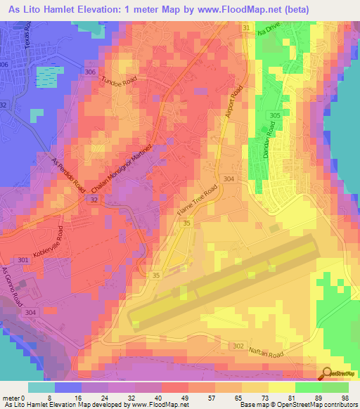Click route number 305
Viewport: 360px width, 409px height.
274,115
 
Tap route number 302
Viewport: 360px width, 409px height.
238,346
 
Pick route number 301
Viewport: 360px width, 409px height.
24,261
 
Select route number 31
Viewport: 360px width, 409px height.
246,27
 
